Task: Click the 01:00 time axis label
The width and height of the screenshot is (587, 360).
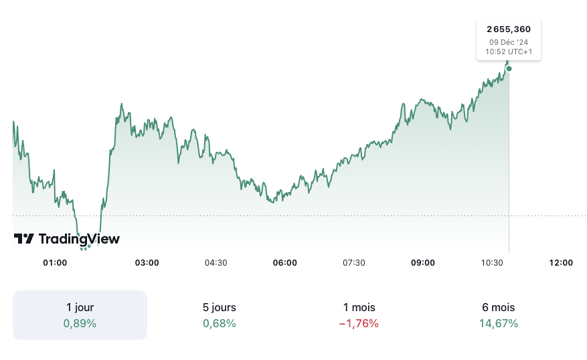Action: [55, 263]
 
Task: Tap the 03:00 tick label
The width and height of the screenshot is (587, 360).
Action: [147, 263]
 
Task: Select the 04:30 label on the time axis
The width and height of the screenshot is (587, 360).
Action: [216, 263]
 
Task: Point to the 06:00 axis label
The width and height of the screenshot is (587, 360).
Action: [285, 263]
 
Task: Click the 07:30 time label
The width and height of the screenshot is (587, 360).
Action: [353, 263]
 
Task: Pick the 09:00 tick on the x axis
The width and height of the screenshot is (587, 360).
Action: [423, 263]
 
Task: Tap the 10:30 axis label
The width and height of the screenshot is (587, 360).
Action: [492, 263]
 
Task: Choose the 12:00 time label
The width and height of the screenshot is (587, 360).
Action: [561, 263]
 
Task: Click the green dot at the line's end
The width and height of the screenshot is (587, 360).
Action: [509, 68]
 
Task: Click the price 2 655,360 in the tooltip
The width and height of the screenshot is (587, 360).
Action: [509, 29]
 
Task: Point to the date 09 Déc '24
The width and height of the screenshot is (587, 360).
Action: [509, 41]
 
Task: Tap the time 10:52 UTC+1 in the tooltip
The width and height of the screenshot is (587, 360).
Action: [509, 52]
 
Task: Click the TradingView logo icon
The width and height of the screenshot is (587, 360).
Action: [24, 239]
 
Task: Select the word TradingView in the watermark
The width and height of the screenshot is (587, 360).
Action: [79, 239]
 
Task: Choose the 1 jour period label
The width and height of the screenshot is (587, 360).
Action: [80, 308]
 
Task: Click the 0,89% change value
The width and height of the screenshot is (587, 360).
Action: [80, 324]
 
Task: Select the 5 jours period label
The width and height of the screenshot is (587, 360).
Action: [219, 308]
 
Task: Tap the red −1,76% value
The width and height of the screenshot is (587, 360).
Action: [359, 324]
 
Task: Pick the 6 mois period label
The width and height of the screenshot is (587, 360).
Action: [498, 308]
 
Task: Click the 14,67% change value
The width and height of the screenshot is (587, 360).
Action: [498, 324]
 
